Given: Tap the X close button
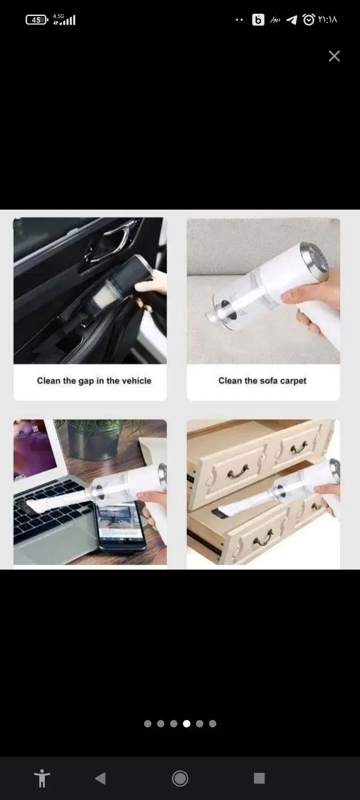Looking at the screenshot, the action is (x=334, y=55).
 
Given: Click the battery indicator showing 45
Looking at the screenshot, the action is (x=37, y=20).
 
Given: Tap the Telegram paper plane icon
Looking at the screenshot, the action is (x=291, y=20).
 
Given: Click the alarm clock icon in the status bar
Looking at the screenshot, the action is (x=309, y=19).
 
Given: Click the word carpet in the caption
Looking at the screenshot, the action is (x=293, y=381).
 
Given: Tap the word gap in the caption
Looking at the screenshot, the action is (x=86, y=381).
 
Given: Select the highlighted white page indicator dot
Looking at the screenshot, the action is (x=187, y=724).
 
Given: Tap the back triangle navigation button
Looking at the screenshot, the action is (x=100, y=778).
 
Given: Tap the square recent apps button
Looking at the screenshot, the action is (x=259, y=778).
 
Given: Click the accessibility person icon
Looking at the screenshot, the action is (x=42, y=778).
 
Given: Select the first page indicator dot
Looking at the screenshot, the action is (x=148, y=724).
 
